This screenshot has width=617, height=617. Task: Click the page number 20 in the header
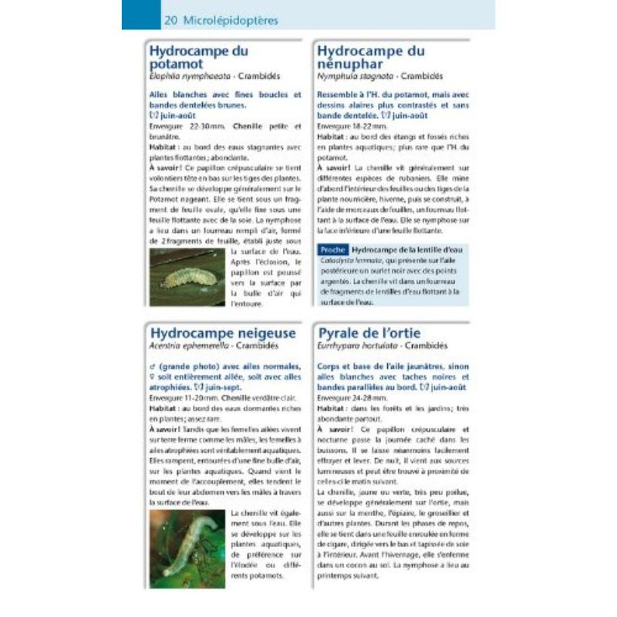pos(170,20)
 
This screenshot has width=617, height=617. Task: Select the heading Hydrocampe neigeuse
pos(223,332)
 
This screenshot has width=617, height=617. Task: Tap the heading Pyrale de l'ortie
pos(369,332)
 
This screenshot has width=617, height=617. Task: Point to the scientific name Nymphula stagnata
pos(349,77)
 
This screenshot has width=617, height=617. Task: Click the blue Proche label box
pos(332,250)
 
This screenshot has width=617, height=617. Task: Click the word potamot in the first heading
pos(177,65)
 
